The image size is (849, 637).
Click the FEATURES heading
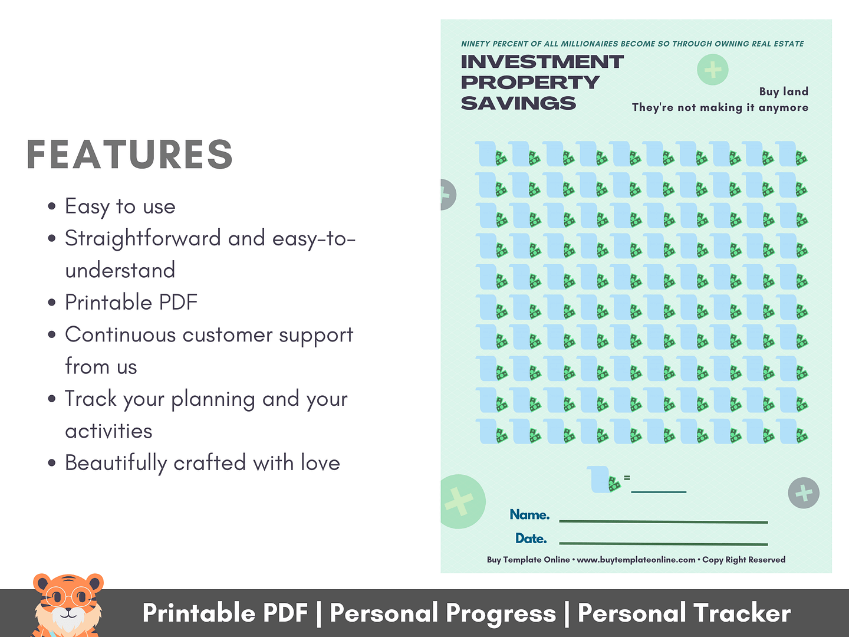click(130, 155)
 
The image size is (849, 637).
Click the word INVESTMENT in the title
click(542, 62)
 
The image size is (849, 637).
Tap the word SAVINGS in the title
click(518, 103)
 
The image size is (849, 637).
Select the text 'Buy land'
click(784, 91)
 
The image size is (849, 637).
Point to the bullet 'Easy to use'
click(120, 206)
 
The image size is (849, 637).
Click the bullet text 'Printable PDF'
click(131, 302)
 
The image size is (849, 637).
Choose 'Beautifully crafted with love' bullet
click(202, 463)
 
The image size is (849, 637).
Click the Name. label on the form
click(529, 514)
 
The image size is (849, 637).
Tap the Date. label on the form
click(531, 539)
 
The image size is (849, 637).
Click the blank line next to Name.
click(663, 522)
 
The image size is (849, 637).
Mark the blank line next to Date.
click(663, 544)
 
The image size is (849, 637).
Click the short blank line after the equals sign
click(659, 491)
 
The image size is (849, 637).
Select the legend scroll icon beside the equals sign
click(603, 480)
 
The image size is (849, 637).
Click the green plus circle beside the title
click(712, 70)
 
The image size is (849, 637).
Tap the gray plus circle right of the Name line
click(804, 492)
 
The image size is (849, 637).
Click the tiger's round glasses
click(69, 597)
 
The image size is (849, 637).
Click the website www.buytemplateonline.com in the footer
click(636, 560)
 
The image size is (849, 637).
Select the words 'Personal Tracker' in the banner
click(685, 613)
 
